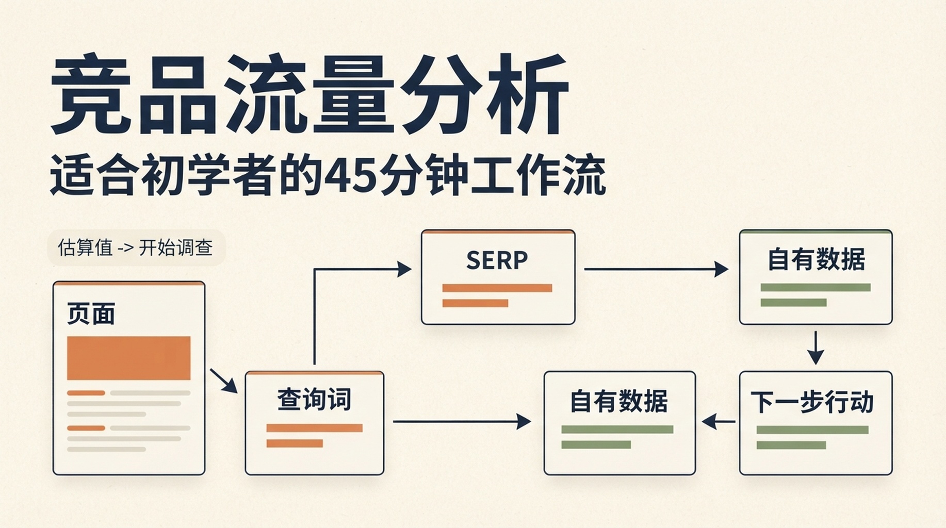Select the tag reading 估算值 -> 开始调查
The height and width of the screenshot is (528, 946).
tap(136, 248)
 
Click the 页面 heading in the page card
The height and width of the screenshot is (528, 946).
tap(91, 313)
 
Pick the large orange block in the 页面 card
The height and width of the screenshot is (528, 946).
tap(129, 358)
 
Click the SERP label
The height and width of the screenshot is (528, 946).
tap(497, 260)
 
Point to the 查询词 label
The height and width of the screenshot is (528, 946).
tap(314, 400)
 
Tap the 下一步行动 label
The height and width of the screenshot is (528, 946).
tap(812, 402)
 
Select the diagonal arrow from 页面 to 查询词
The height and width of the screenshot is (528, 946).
tap(223, 381)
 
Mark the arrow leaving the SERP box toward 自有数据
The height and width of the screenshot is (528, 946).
tap(656, 269)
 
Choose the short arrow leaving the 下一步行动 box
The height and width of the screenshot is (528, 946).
tap(719, 422)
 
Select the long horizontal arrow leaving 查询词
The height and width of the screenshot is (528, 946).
tap(462, 422)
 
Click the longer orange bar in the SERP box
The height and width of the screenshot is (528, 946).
tap(497, 288)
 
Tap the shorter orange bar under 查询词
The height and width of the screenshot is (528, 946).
tap(295, 443)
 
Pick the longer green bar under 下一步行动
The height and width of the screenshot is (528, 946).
tap(812, 430)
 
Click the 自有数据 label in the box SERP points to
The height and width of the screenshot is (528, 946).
tap(816, 259)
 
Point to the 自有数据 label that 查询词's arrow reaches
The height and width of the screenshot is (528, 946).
tap(619, 402)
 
